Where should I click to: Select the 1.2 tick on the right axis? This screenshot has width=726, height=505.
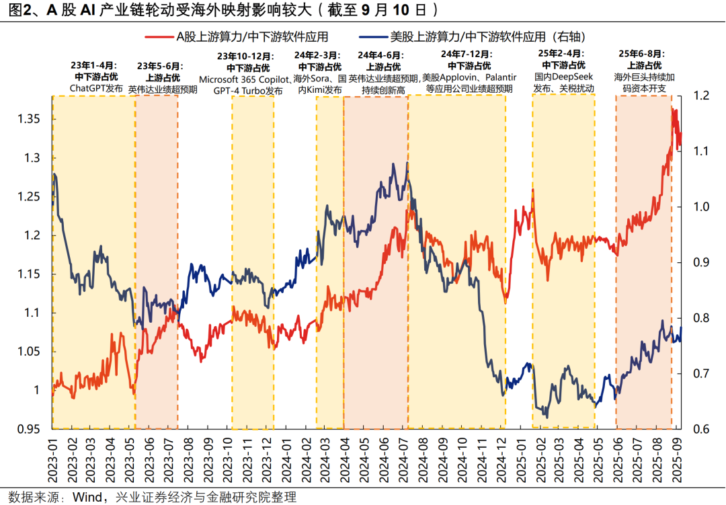coord(699,96)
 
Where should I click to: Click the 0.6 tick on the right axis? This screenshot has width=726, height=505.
coord(699,429)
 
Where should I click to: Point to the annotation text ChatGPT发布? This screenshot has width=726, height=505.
coord(95,88)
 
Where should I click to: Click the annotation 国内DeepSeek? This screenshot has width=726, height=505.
coord(563,77)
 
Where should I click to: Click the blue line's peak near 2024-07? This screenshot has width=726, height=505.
coord(407,163)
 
